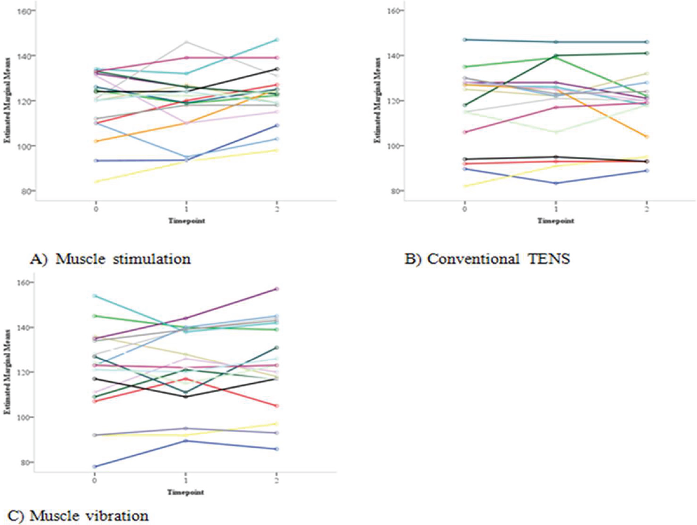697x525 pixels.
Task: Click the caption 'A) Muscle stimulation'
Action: click(110, 259)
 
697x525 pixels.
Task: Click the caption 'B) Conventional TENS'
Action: click(487, 259)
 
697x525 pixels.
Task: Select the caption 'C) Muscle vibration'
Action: click(78, 515)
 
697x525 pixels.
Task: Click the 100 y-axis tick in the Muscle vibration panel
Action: click(26, 418)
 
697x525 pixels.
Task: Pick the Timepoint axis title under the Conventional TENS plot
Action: click(556, 221)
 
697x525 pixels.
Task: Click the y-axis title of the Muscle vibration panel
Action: click(6, 372)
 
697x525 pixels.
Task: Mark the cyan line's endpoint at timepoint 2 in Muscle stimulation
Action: click(277, 39)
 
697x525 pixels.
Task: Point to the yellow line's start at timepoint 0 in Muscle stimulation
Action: click(95, 181)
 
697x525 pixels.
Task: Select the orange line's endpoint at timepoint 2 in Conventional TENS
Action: click(647, 136)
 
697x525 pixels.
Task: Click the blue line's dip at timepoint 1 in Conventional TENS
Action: click(556, 184)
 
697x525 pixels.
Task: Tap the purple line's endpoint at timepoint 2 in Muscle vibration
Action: click(277, 289)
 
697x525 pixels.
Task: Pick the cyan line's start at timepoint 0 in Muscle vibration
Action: click(95, 296)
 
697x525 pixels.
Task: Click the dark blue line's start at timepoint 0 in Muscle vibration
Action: click(95, 466)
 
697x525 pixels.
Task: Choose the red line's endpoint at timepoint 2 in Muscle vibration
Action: click(277, 406)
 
